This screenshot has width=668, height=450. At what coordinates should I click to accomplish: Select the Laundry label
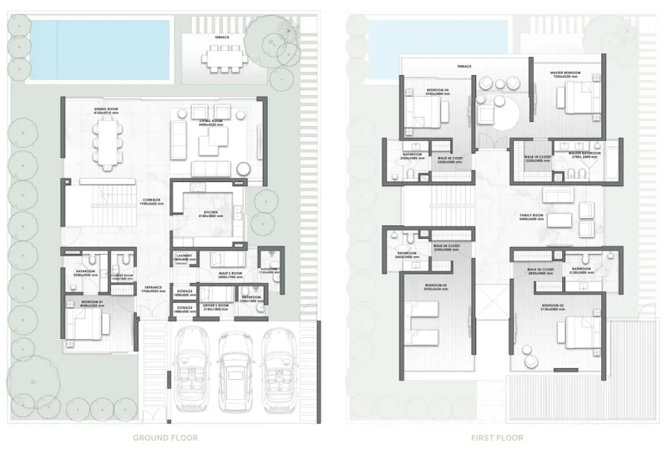pos(184,258)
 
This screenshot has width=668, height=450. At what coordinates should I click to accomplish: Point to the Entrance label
pos(151,288)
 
